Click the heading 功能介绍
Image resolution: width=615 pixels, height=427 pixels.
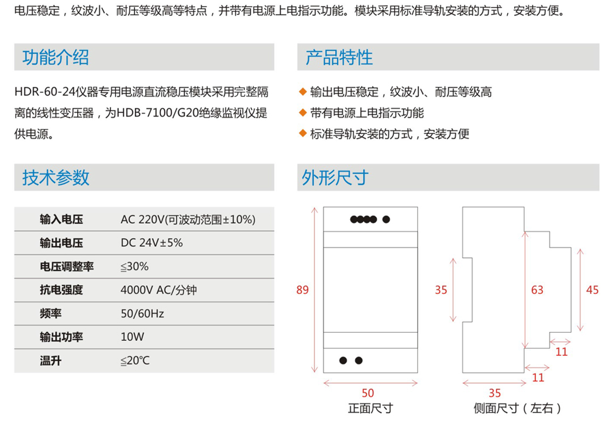tap(56, 57)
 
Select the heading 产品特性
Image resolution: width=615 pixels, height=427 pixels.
tap(339, 57)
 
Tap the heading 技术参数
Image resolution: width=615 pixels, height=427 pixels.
tap(56, 177)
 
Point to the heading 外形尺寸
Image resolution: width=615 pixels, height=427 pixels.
tap(335, 177)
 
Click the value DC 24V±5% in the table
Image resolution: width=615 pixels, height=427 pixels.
tap(152, 243)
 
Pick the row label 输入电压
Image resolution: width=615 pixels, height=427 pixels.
tap(61, 219)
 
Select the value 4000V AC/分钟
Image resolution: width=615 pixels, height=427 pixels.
tap(159, 290)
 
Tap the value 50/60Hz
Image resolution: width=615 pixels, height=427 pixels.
tap(142, 314)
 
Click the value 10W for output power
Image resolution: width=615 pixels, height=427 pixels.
tap(133, 337)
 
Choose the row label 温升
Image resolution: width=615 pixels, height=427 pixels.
tap(51, 361)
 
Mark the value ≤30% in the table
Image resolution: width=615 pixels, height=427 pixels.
tap(134, 267)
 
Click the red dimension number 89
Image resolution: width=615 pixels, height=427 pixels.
tap(303, 290)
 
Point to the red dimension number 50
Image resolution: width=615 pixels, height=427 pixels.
tap(368, 393)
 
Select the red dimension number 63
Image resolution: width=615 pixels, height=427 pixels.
tap(537, 290)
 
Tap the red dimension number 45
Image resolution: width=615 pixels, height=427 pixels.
tap(592, 290)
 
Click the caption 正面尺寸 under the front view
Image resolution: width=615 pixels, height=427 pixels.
tap(370, 409)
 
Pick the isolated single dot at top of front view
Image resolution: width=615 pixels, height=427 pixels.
tap(386, 219)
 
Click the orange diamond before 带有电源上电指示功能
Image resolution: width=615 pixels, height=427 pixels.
tap(303, 113)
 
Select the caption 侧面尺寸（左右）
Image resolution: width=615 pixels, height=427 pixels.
tap(517, 409)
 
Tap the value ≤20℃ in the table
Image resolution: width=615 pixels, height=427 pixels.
tap(135, 361)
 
